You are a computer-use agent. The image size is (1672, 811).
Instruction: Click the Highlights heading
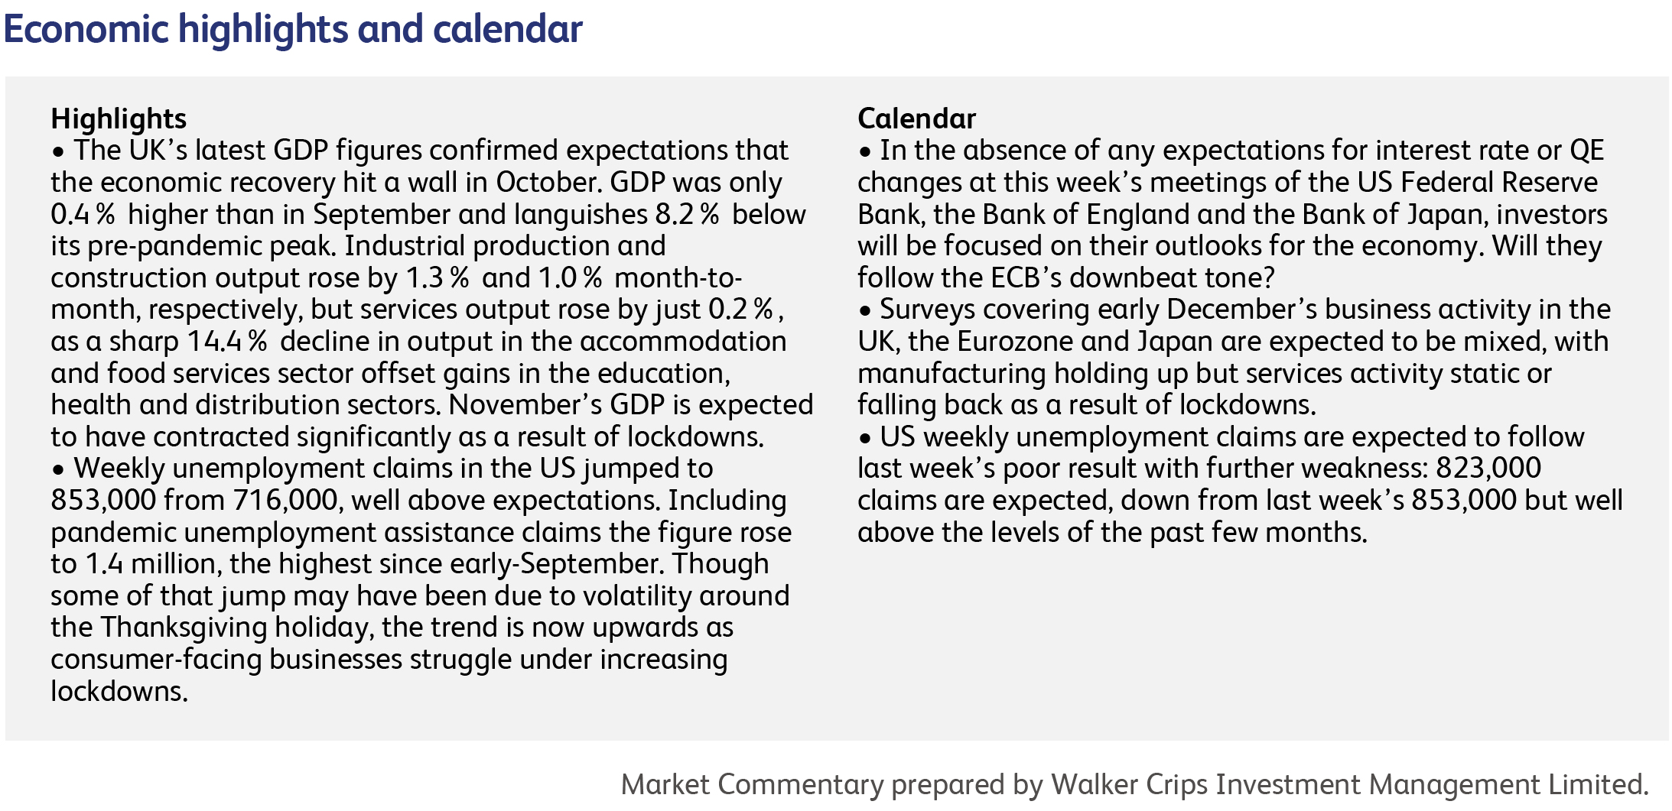(119, 119)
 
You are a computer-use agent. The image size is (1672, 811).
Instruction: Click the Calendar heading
(916, 118)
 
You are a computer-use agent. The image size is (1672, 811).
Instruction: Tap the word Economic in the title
(86, 29)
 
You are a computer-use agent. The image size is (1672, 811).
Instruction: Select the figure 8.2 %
(688, 214)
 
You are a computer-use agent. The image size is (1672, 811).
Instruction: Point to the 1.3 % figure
(438, 277)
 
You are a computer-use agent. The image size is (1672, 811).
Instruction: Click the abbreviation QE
(1586, 151)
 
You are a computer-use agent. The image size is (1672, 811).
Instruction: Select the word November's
(526, 404)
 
